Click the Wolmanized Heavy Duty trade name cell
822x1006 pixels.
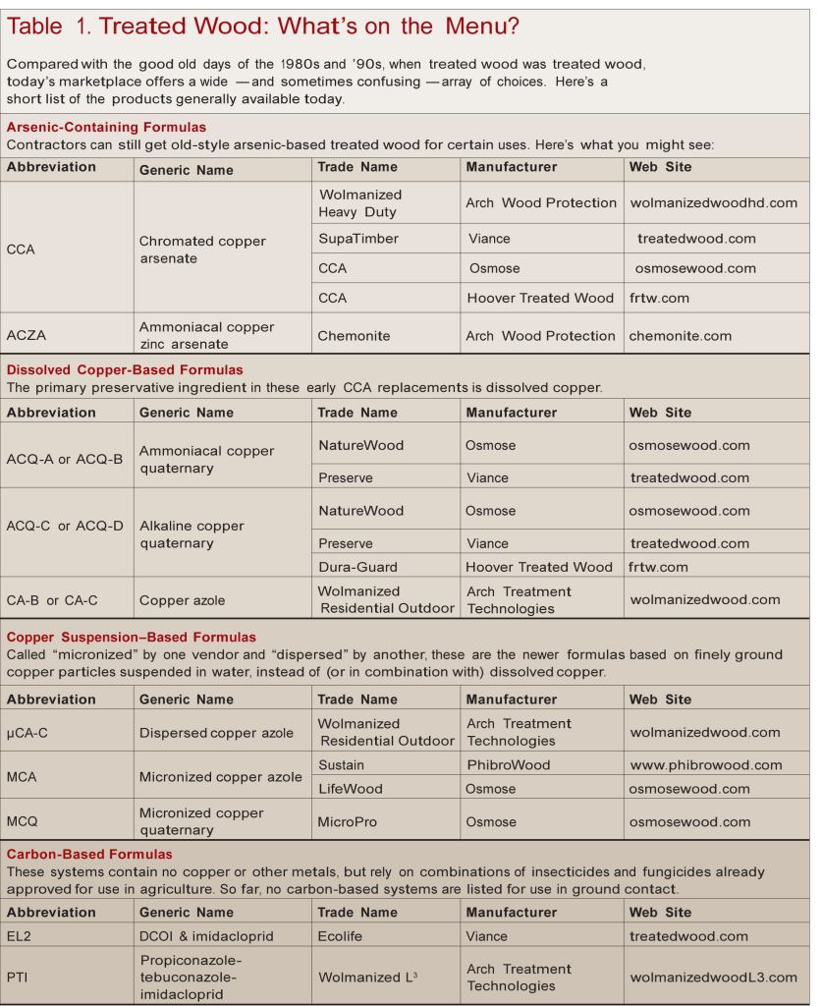click(x=360, y=202)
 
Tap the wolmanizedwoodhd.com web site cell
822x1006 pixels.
click(x=714, y=203)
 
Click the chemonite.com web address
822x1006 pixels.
click(x=681, y=336)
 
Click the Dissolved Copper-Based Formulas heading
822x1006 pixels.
click(x=125, y=370)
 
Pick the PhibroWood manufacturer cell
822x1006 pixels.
click(x=509, y=764)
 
